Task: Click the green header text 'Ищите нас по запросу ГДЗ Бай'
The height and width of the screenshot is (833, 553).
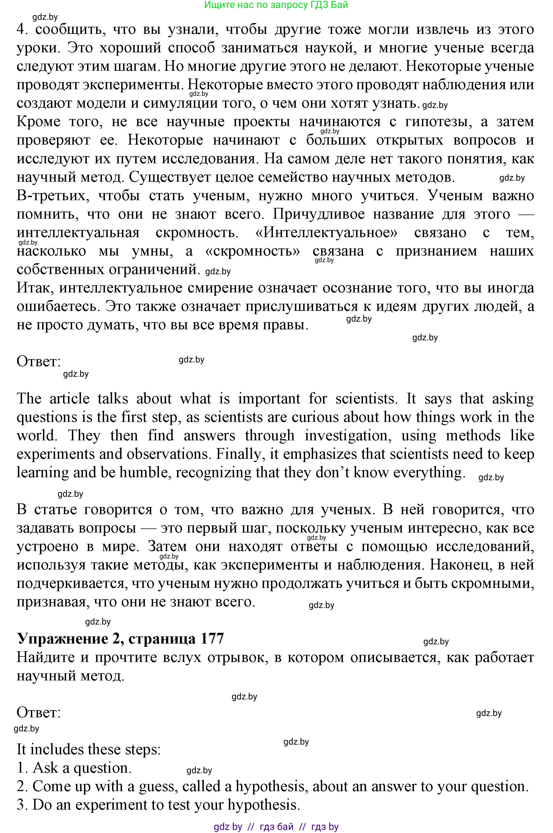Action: tap(276, 5)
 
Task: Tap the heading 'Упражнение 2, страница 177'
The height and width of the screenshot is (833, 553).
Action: tap(120, 639)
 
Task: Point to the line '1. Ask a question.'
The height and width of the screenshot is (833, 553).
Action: tap(74, 768)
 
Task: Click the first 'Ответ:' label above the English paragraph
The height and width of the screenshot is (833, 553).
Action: tap(39, 362)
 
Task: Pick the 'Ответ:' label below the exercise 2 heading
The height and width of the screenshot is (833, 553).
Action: tap(39, 712)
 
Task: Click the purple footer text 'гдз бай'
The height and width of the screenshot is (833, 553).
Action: tap(276, 827)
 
